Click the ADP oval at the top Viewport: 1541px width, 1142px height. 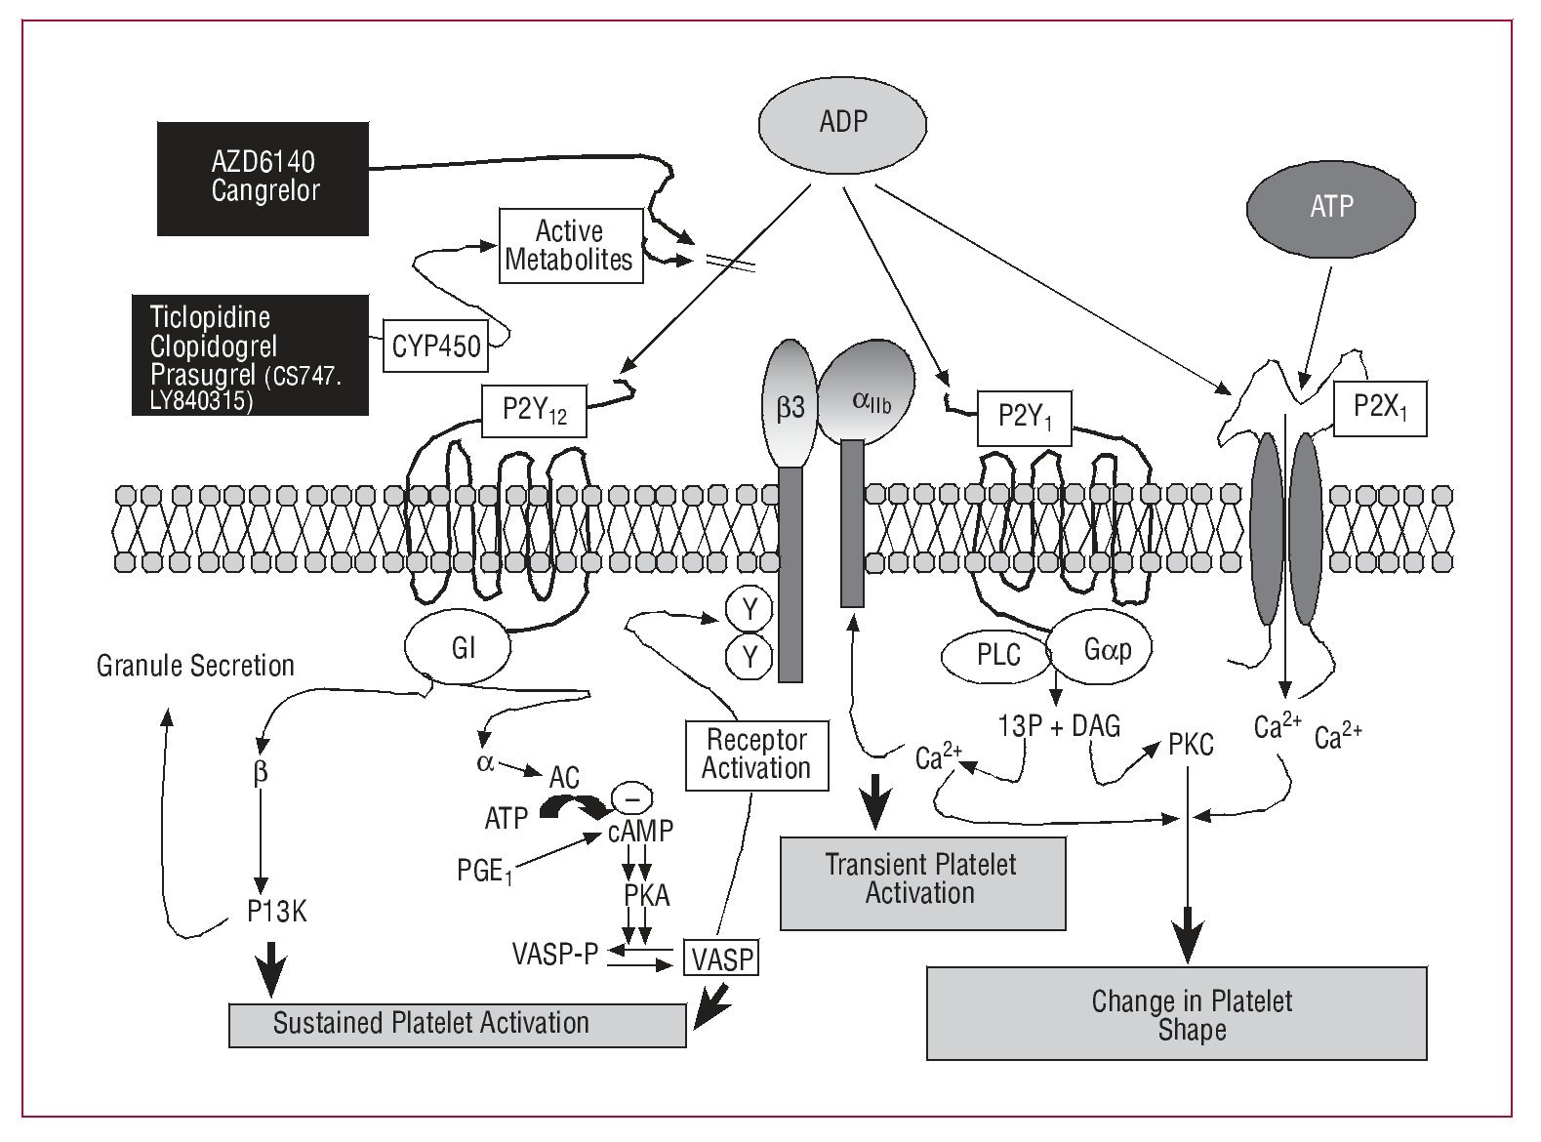coord(843,123)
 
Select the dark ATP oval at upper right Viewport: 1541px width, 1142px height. coord(1331,206)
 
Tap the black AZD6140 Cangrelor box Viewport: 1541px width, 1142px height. coord(264,178)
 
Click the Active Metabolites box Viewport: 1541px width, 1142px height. coord(571,246)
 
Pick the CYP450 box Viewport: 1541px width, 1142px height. coord(436,346)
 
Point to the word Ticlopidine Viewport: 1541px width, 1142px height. coord(210,317)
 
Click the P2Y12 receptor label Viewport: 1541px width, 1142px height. coord(534,411)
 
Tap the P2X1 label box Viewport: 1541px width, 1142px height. coord(1380,406)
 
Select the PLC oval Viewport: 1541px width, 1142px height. coord(997,654)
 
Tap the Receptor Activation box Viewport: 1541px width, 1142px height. coord(756,754)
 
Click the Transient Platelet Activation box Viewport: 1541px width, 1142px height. coord(921,879)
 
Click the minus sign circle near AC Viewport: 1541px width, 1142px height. coord(630,797)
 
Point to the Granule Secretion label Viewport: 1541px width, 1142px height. coord(195,666)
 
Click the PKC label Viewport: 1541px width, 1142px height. coord(1191,746)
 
